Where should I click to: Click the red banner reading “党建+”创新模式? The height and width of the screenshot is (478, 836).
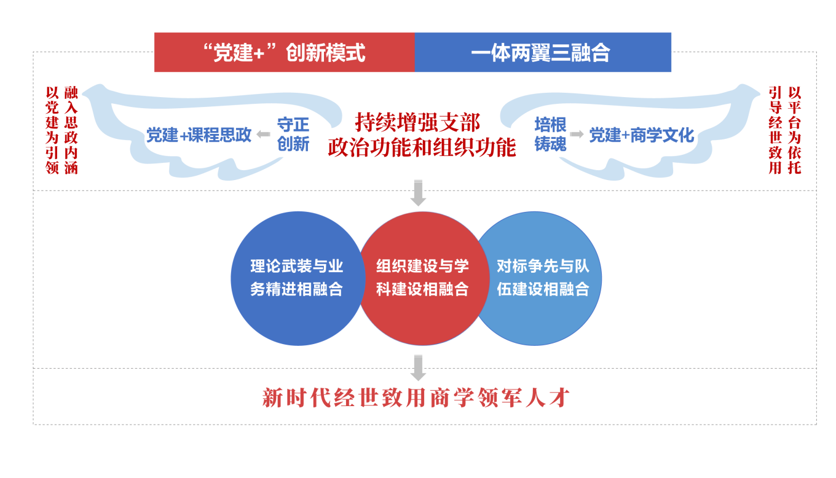click(284, 53)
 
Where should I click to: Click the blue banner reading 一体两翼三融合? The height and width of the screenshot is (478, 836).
click(543, 53)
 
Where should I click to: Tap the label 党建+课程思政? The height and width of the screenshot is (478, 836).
click(199, 135)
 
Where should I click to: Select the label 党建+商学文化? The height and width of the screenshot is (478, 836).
click(642, 135)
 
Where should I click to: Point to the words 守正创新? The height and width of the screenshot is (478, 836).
click(293, 134)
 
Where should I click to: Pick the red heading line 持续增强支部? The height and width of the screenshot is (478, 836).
click(417, 122)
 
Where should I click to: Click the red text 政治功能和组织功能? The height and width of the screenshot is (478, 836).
click(422, 148)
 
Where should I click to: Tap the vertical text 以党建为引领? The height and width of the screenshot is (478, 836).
click(53, 130)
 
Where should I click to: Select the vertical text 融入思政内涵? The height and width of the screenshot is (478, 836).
click(71, 130)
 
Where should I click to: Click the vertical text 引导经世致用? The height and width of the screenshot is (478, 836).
click(776, 130)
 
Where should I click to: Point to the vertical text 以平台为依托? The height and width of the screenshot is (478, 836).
click(795, 130)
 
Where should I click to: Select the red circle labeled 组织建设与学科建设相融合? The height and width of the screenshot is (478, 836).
click(422, 278)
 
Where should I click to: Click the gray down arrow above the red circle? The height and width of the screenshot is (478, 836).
click(418, 193)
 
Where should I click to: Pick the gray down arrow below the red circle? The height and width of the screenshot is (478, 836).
click(418, 367)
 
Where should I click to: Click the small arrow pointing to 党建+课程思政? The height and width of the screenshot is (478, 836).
click(263, 135)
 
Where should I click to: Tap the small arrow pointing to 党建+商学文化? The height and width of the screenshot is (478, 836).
click(577, 134)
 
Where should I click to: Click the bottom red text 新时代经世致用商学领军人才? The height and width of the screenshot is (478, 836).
click(417, 398)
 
